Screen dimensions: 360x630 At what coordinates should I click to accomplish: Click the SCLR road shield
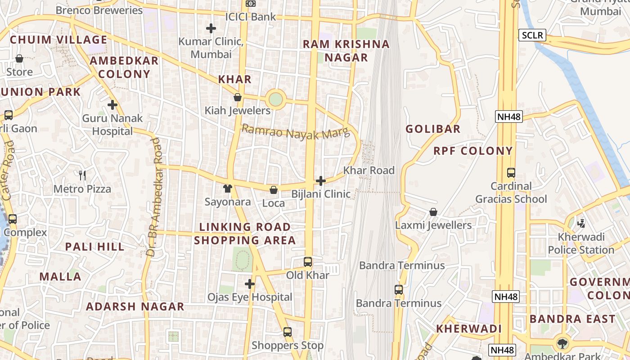coord(532,35)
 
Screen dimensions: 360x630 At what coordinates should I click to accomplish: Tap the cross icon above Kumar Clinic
coord(211,28)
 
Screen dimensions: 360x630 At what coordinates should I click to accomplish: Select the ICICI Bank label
coord(251,17)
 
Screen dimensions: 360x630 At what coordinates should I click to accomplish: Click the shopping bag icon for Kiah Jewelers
coord(238,97)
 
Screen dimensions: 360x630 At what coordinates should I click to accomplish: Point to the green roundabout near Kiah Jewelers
coord(275,99)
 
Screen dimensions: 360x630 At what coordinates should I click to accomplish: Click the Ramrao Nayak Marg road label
coord(296,132)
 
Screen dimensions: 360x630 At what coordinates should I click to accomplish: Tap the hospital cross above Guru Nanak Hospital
coord(112,105)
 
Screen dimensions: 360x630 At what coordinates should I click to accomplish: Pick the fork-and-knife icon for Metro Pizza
coord(82,175)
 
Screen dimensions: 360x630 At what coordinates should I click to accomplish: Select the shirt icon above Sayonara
coord(228,189)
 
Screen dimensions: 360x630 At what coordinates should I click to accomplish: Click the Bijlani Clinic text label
coord(321,194)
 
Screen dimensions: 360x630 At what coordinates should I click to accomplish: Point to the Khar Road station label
coord(369,171)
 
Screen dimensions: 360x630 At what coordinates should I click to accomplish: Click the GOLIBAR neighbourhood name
coord(433,129)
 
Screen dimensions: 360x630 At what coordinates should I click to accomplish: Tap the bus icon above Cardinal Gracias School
coord(511,172)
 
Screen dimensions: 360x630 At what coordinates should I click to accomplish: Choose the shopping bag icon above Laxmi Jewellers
coord(433,211)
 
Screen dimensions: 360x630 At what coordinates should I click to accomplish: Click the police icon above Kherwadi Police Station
coord(581,223)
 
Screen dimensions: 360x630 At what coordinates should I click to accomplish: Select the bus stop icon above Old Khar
coord(308,261)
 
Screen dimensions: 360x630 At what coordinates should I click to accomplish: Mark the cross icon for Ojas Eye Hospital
coord(250,284)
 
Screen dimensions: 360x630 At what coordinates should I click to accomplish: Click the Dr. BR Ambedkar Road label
coord(154,197)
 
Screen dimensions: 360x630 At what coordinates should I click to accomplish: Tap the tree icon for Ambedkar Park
coord(562,344)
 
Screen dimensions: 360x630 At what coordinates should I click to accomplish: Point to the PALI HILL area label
coord(94,247)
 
